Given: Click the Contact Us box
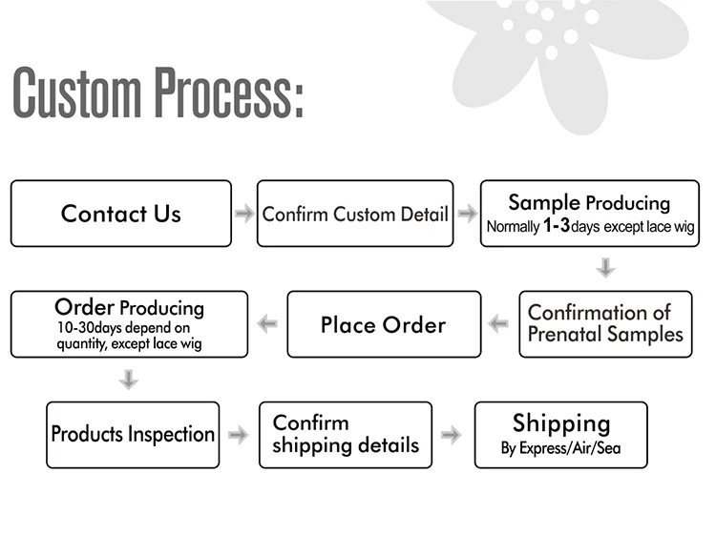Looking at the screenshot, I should [120, 214].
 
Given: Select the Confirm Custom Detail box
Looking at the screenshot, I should [355, 214].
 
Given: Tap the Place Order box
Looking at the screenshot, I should [383, 325].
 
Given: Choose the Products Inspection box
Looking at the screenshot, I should [133, 435].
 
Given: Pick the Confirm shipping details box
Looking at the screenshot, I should [345, 435].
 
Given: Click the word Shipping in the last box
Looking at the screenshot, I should [560, 423].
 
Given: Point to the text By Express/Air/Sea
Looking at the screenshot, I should [560, 448].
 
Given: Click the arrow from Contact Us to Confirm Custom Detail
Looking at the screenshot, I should [244, 214].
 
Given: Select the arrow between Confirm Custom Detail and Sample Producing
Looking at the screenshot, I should [467, 214].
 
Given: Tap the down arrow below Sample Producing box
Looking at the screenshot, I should [605, 268].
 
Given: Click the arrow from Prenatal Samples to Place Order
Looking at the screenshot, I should [499, 324].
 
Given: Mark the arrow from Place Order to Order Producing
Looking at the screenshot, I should [267, 324].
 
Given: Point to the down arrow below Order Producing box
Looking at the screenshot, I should [129, 380].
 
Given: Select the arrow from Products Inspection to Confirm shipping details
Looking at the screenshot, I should [239, 435].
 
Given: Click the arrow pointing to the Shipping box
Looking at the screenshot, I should [452, 435].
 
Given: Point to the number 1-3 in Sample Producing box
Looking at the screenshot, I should [556, 227].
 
